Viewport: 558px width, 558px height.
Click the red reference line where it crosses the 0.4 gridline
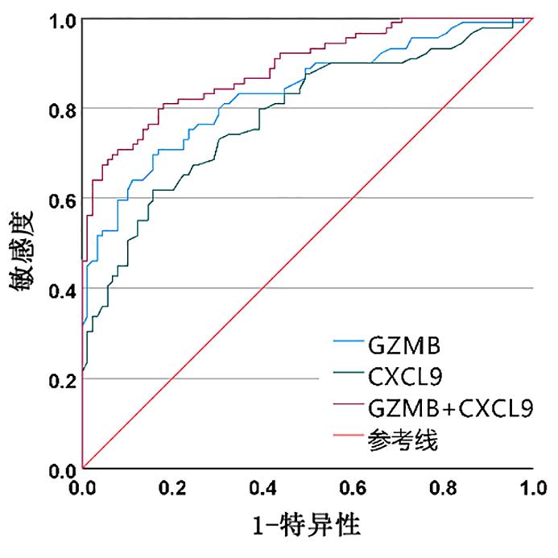(x=263, y=287)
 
